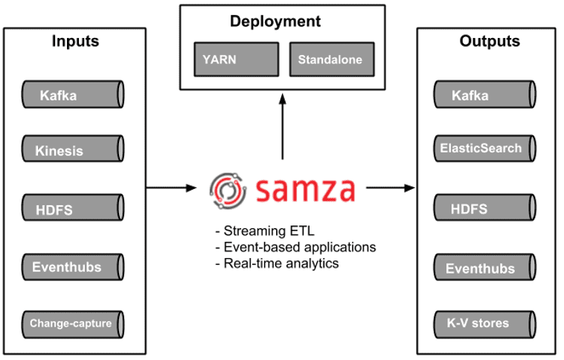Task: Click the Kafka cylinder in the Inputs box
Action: tap(72, 94)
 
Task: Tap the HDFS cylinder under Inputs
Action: tap(72, 209)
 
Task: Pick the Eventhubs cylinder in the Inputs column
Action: tap(72, 266)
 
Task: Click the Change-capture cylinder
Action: tap(72, 324)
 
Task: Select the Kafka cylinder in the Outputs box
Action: tap(484, 94)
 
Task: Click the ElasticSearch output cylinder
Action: tap(484, 148)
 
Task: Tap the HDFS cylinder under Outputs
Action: tap(484, 209)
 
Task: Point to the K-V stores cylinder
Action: tap(484, 323)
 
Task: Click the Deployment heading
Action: tap(275, 22)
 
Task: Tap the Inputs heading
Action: tap(74, 41)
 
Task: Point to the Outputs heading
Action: tap(489, 41)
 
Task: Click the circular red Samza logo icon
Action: tap(228, 188)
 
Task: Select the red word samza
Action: tap(304, 188)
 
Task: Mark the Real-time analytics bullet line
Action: tap(276, 263)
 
